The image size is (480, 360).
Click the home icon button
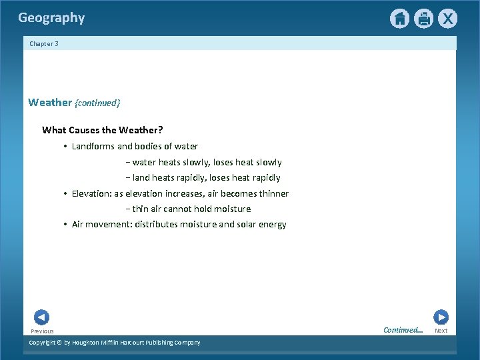pyautogui.click(x=399, y=19)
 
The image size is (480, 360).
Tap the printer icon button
pyautogui.click(x=423, y=19)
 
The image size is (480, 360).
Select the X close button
pyautogui.click(x=447, y=19)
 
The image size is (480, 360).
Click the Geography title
pyautogui.click(x=51, y=18)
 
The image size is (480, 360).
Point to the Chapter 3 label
pyautogui.click(x=44, y=44)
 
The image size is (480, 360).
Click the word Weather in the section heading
pyautogui.click(x=49, y=103)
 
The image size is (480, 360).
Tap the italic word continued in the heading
pyautogui.click(x=97, y=103)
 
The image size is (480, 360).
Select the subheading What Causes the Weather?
pyautogui.click(x=102, y=129)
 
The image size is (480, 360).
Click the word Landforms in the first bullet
pyautogui.click(x=93, y=146)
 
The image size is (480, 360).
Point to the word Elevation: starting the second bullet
pyautogui.click(x=91, y=194)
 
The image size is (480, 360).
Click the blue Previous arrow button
pyautogui.click(x=41, y=317)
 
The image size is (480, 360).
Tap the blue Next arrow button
pyautogui.click(x=441, y=317)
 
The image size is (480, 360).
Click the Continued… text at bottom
pyautogui.click(x=403, y=330)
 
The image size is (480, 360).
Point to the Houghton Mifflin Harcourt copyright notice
pyautogui.click(x=114, y=343)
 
